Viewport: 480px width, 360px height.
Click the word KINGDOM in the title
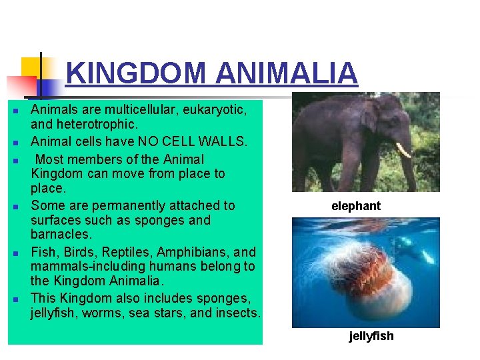tap(136, 73)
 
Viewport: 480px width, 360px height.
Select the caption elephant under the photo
tap(356, 206)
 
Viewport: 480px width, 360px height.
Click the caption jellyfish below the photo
tap(371, 336)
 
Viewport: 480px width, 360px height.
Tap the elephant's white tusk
tap(403, 150)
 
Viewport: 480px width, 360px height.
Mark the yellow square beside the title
tap(31, 67)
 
